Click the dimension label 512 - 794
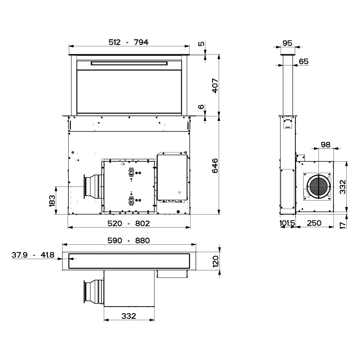click(x=129, y=42)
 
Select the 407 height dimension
click(x=215, y=86)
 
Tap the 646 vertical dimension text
click(x=215, y=166)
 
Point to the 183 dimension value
click(x=52, y=201)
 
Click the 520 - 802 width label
click(x=129, y=224)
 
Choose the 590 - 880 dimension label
click(x=129, y=240)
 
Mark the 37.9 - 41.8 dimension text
click(x=33, y=255)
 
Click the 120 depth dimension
click(x=216, y=261)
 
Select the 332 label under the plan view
click(x=129, y=316)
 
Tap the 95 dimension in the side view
click(x=287, y=43)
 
